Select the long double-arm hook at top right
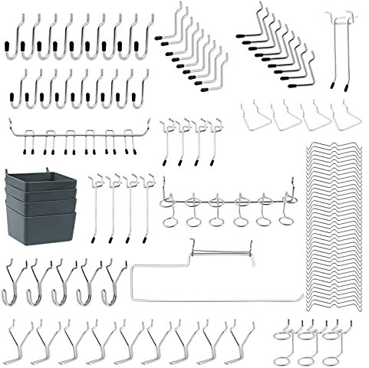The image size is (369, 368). tap(342, 46)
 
